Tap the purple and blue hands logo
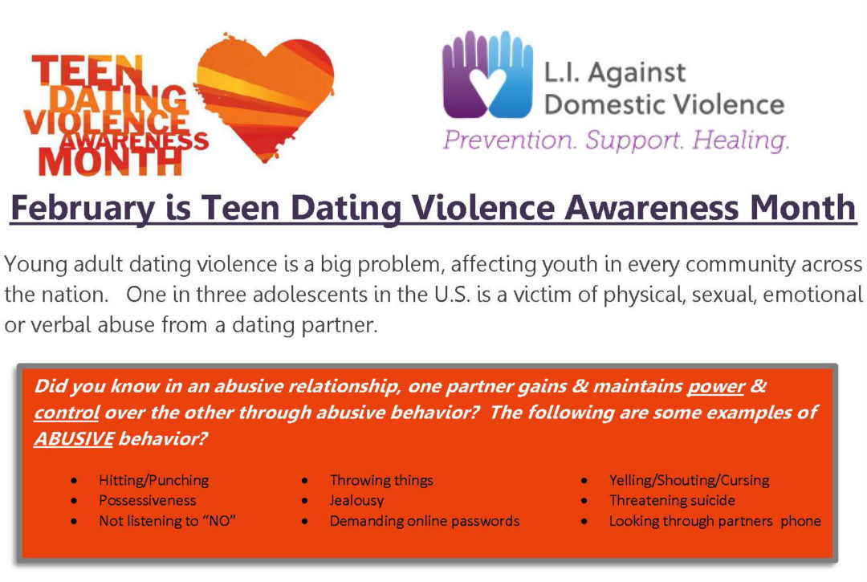tap(488, 74)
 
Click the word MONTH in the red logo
tap(110, 162)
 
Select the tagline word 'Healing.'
tap(740, 140)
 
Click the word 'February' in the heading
tap(83, 209)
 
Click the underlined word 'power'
tap(715, 386)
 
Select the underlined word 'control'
tap(67, 413)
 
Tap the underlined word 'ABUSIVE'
tap(74, 438)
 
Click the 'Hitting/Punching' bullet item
tap(153, 480)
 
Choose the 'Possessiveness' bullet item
tap(147, 500)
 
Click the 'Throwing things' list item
tap(381, 480)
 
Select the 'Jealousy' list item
tap(356, 500)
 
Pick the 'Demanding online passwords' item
tap(424, 521)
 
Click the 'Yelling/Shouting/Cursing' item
tap(689, 480)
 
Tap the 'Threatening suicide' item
tap(672, 500)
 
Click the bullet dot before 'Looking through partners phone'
tap(584, 521)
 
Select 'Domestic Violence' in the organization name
tap(664, 104)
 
